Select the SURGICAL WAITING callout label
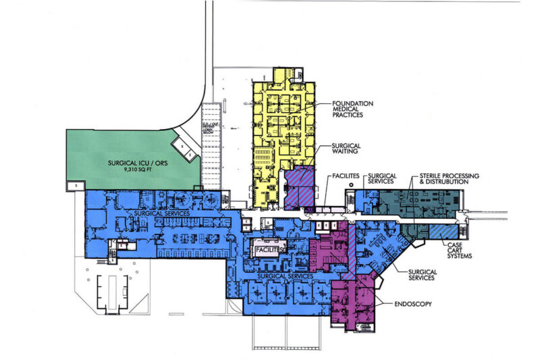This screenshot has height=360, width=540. [348, 149]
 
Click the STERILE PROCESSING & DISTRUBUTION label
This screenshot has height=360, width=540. [449, 179]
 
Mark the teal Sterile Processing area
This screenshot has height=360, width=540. [418, 203]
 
